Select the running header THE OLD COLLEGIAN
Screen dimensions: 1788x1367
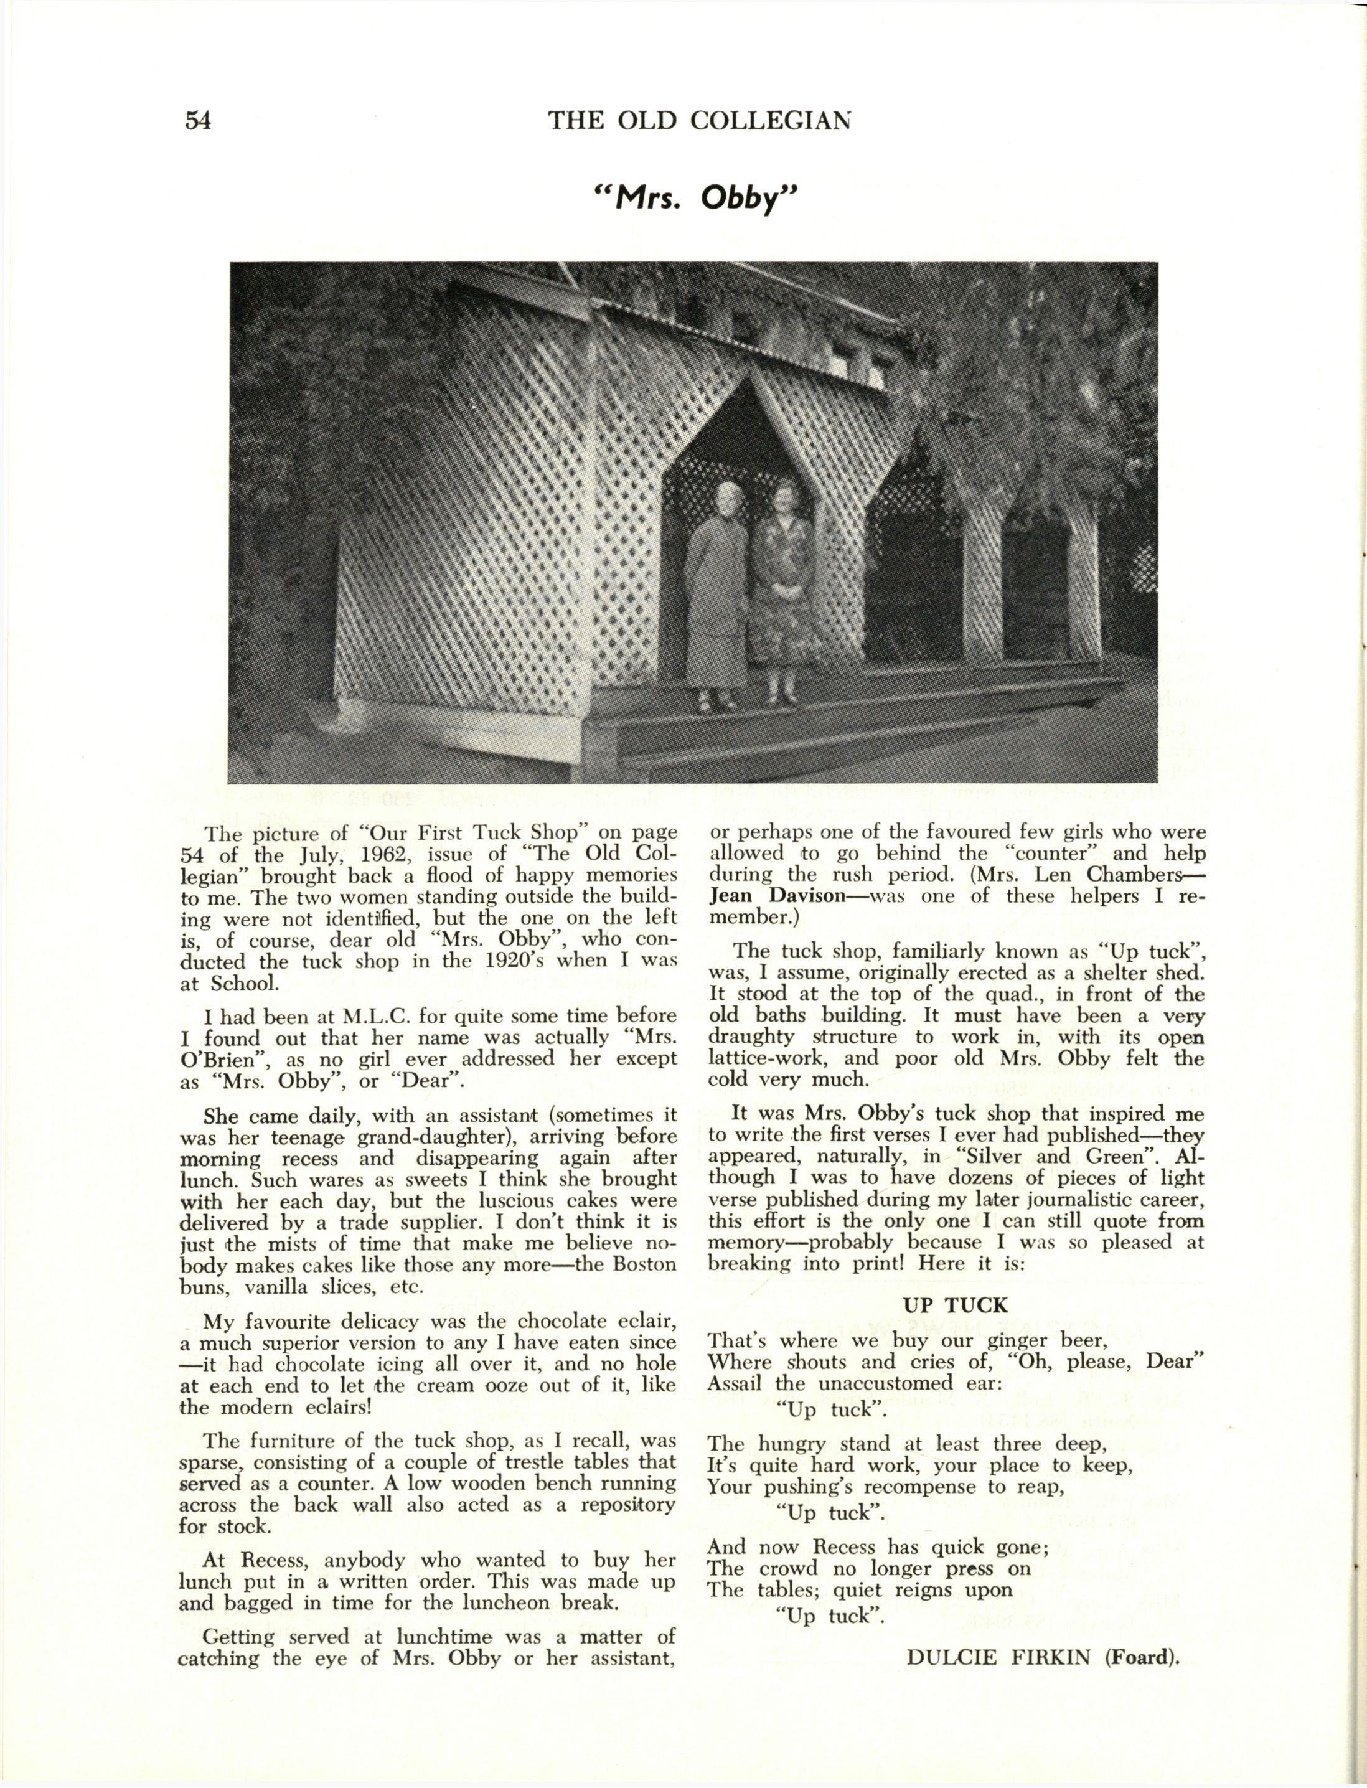pos(700,120)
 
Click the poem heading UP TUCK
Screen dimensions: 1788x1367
pos(956,1306)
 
